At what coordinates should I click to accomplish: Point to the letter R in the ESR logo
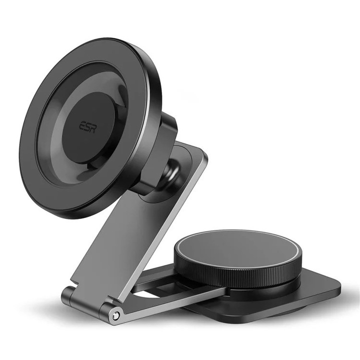pos(93,127)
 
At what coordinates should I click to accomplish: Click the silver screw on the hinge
pos(116,315)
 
